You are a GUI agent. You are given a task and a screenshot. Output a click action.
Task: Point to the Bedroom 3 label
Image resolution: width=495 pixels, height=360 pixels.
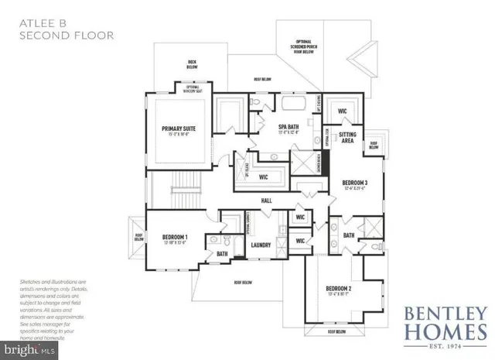[x=355, y=183]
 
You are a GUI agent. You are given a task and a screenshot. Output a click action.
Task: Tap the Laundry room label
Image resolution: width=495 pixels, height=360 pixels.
[x=260, y=245]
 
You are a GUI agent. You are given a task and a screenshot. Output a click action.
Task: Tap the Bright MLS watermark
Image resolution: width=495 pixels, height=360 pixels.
[x=23, y=351]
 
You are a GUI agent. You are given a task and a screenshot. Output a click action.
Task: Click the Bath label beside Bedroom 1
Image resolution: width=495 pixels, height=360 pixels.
[x=222, y=253]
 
